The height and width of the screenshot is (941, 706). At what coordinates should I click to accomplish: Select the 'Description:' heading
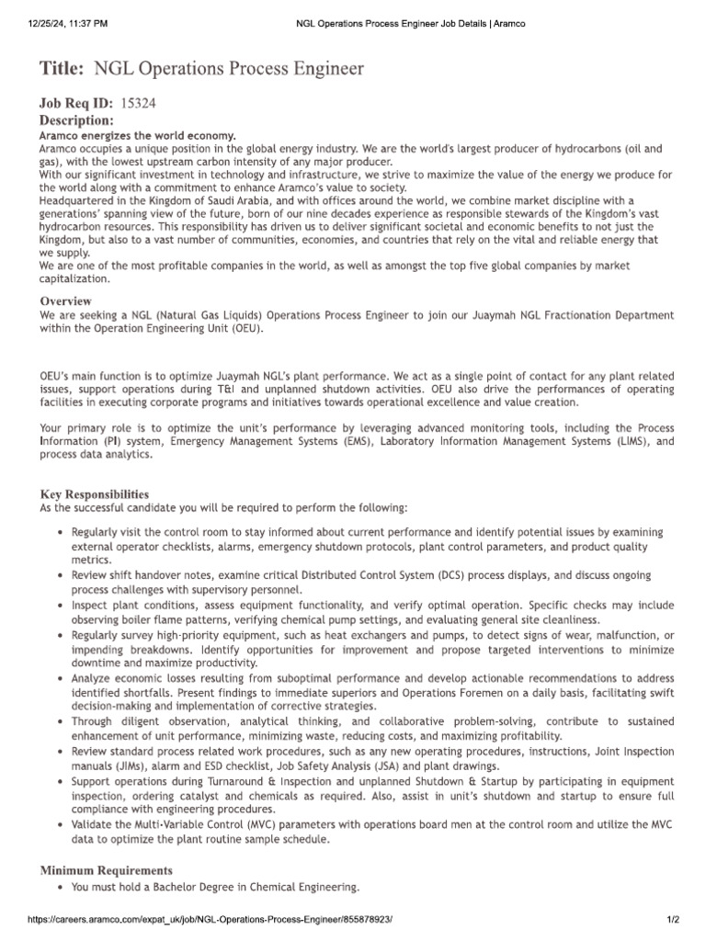(76, 120)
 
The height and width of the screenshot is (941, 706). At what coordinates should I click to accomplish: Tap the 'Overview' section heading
(65, 301)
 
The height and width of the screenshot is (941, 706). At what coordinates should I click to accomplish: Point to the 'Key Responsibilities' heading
(94, 494)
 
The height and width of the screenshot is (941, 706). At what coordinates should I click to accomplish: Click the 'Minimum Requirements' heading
(106, 869)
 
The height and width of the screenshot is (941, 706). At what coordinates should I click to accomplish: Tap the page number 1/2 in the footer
(672, 920)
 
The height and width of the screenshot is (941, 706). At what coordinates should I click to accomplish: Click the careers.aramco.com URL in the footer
(202, 920)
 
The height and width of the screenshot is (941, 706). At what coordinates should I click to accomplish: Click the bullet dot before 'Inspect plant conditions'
(60, 607)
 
